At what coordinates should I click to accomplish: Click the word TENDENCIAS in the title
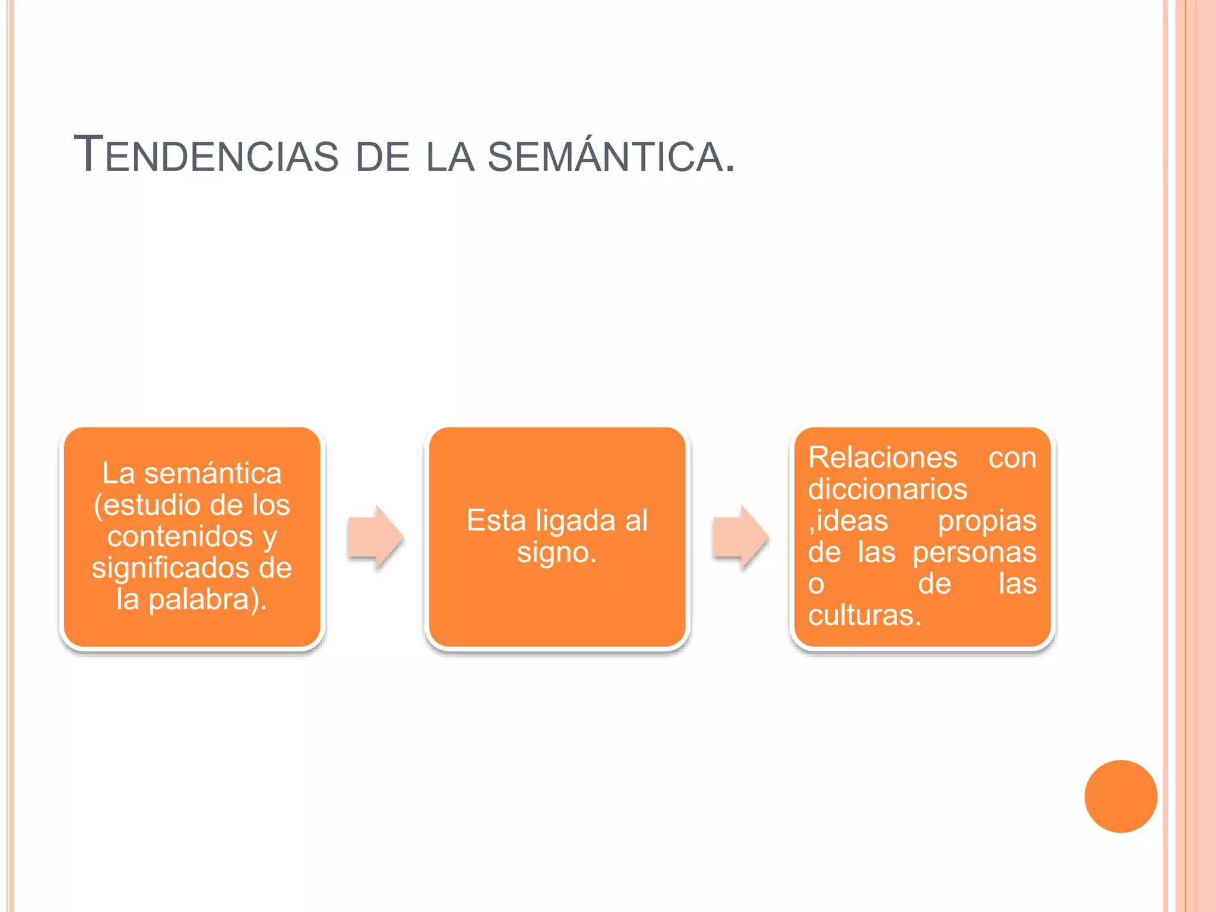click(206, 154)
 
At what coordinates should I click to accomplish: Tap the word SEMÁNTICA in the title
click(605, 153)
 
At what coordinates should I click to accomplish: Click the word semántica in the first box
click(213, 473)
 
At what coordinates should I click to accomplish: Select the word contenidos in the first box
click(180, 536)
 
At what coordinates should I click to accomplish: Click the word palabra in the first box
click(198, 600)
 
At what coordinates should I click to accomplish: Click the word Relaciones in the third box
click(882, 458)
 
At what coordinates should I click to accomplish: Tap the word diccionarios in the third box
click(888, 489)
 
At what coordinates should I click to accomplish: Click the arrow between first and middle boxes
click(376, 537)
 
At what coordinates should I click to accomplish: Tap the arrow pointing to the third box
click(741, 537)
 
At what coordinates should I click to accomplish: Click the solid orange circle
click(1120, 796)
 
